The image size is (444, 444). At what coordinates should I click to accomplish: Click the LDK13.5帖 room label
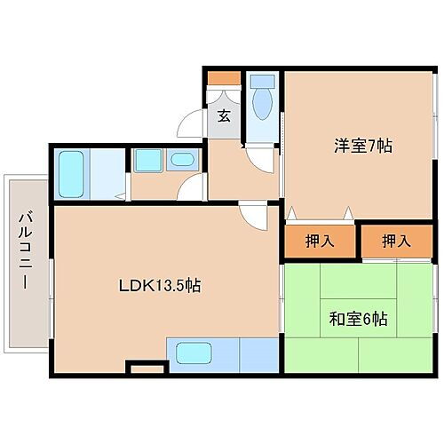tap(160, 286)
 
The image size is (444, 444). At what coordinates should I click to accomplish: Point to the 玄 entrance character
tap(225, 115)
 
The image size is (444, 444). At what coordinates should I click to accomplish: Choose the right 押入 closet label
tap(395, 241)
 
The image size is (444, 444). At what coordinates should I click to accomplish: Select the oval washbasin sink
tap(182, 161)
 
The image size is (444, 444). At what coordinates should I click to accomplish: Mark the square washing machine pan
tap(146, 161)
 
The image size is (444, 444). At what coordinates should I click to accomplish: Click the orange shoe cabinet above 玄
tap(223, 78)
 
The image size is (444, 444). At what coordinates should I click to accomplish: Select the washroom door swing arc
tap(190, 186)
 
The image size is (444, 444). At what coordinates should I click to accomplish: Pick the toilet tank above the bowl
tap(262, 81)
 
